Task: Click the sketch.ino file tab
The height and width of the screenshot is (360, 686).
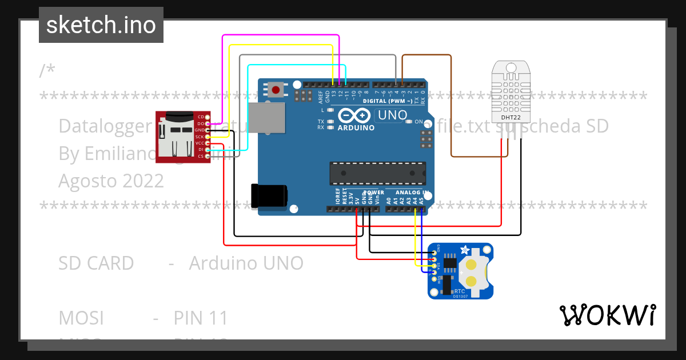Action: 101,25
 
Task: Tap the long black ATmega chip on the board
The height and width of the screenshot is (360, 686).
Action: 377,171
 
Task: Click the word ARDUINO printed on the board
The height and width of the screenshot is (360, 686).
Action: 356,128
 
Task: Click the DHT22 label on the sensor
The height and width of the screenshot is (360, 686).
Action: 510,118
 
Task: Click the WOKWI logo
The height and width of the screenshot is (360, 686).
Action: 607,315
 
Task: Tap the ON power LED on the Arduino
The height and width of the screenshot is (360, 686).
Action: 409,122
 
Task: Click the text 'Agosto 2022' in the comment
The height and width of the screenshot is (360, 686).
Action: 111,181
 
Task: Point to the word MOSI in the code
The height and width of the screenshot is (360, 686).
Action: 81,318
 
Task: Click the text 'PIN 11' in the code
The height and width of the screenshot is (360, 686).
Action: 201,318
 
